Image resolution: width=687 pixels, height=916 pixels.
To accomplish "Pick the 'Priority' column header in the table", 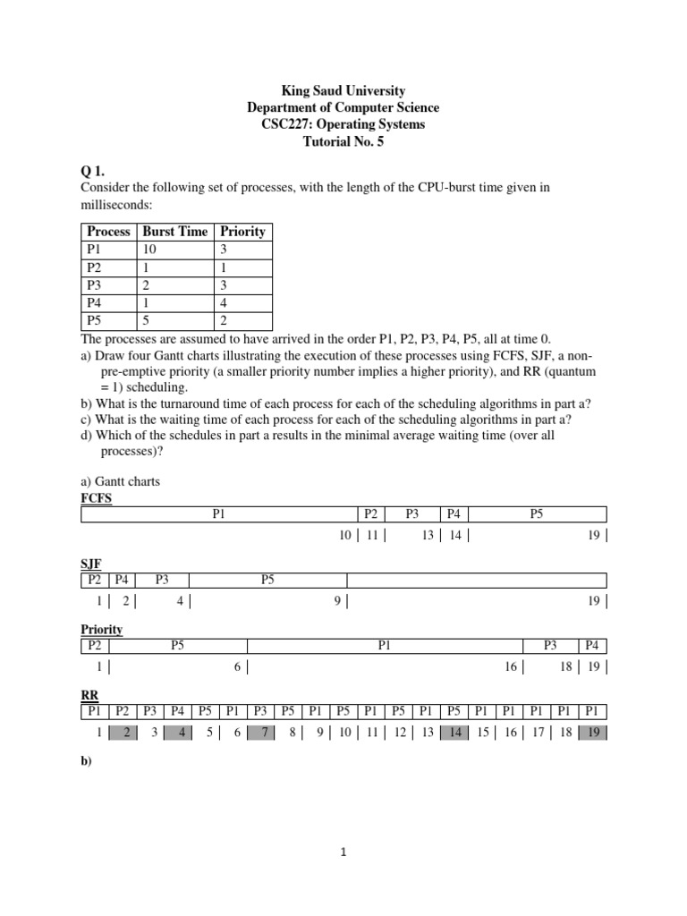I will tap(242, 231).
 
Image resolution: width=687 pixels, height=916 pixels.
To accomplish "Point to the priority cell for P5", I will tap(225, 319).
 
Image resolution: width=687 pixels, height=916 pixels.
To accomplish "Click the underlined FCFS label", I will tap(98, 497).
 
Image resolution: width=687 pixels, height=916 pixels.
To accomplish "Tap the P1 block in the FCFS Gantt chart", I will tap(219, 514).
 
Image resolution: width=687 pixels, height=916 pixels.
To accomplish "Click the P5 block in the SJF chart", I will tap(267, 580).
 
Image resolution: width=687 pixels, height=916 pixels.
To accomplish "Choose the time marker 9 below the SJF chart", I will tap(337, 601).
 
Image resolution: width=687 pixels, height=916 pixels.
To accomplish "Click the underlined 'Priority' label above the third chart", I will tap(101, 630).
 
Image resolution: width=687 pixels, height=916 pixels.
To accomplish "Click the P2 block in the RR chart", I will tap(122, 712).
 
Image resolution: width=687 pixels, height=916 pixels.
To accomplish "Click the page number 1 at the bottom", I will tap(343, 852).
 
